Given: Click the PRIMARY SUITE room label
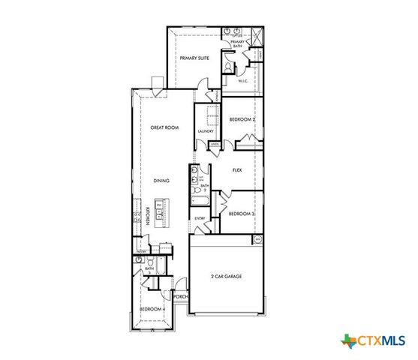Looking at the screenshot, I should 194,57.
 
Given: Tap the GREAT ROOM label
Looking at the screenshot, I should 164,128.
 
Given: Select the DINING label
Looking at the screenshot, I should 161,181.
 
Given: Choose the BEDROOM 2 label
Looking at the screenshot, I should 242,120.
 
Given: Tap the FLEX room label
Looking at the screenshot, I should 236,170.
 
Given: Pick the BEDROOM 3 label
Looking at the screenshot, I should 242,214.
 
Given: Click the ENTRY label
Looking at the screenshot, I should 200,218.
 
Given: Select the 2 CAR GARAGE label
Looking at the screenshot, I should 227,277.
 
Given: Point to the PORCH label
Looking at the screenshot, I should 180,297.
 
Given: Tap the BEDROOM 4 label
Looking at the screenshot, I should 152,308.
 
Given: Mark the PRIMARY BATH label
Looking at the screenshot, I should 237,43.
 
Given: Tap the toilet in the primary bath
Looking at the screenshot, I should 226,66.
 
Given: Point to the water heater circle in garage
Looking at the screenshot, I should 257,239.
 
